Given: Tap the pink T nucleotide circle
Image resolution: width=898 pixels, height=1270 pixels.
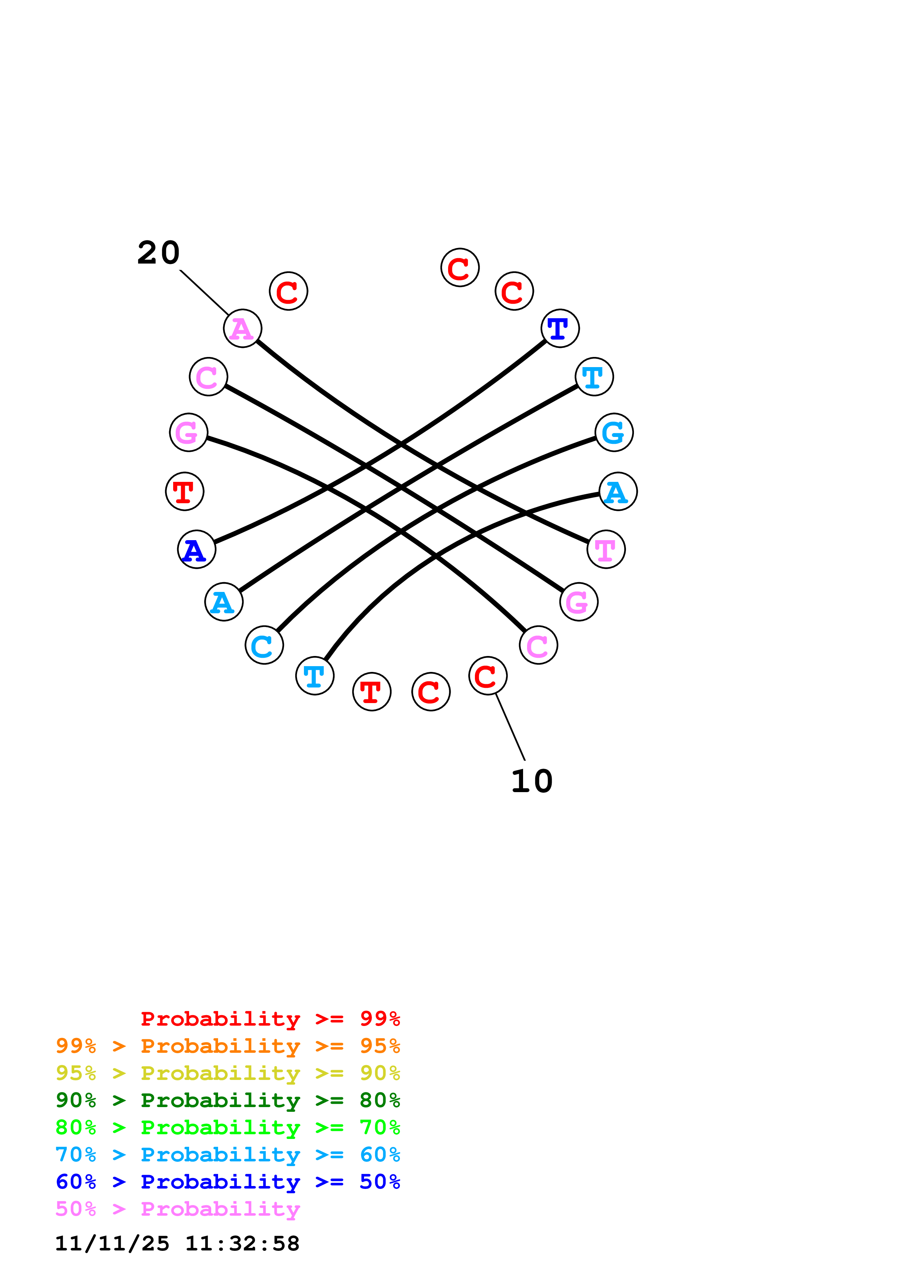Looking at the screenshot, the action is click(x=606, y=549).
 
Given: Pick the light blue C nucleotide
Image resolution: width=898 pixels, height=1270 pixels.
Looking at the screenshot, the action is click(x=264, y=645).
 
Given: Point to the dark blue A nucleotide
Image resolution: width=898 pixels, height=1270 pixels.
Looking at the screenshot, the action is click(x=196, y=549).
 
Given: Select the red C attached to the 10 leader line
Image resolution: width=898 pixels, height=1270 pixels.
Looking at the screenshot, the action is click(x=488, y=676).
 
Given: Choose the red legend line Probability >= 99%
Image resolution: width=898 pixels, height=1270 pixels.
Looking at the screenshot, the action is click(x=270, y=1019).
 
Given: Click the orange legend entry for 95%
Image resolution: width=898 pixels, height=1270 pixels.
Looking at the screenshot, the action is click(x=227, y=1046).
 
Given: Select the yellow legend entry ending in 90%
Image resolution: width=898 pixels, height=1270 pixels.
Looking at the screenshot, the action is click(x=227, y=1073).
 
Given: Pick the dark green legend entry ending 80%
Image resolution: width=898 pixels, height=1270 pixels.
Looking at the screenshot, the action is click(x=227, y=1100).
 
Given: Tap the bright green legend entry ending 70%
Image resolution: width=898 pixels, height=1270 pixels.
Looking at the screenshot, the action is click(x=227, y=1127).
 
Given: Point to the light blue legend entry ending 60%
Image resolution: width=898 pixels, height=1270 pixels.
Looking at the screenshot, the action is click(x=227, y=1155).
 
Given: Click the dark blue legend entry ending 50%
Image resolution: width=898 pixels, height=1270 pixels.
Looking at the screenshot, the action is click(x=227, y=1182).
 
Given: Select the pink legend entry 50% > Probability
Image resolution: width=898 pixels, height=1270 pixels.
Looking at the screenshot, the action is click(x=177, y=1208).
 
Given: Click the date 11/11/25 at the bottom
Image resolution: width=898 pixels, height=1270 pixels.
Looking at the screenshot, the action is click(x=112, y=1244).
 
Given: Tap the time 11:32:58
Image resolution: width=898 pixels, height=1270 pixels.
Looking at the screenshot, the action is click(x=242, y=1244).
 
